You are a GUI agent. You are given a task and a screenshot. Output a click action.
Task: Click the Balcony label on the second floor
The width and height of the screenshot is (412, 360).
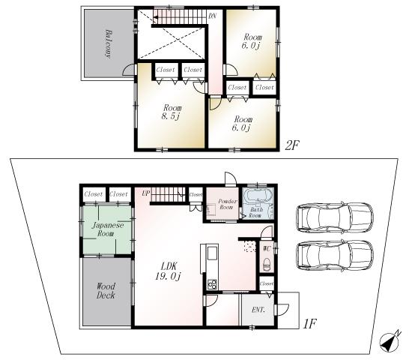109,44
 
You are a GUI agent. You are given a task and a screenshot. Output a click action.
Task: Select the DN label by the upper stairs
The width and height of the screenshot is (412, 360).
213,15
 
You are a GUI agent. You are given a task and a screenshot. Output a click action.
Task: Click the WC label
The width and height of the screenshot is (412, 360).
267,247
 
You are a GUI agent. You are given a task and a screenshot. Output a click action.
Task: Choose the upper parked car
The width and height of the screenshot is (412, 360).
334,217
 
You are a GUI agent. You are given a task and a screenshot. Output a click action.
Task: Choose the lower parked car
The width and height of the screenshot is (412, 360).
334,256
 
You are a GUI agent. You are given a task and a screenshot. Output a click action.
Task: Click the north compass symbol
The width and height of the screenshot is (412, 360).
390,341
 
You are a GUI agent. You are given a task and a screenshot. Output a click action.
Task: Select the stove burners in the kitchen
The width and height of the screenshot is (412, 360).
211,283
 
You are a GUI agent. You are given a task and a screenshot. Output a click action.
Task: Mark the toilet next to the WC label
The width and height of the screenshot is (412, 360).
267,262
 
